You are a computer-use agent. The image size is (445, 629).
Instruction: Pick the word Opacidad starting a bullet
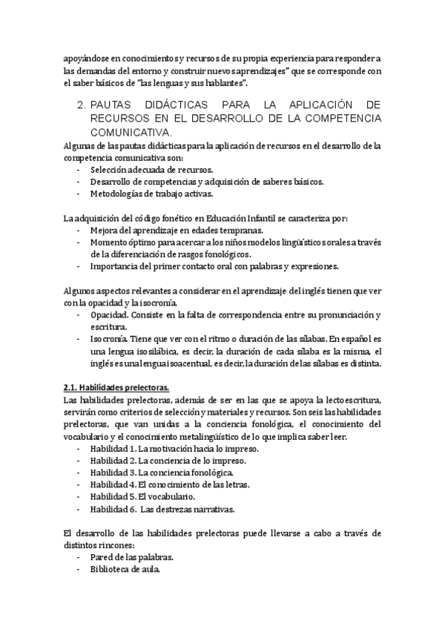pos(111,314)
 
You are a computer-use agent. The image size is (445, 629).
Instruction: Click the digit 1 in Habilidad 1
pos(132,449)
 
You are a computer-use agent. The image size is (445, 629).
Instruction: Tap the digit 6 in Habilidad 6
pos(132,509)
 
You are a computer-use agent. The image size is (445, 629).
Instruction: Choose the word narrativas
pos(211,509)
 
